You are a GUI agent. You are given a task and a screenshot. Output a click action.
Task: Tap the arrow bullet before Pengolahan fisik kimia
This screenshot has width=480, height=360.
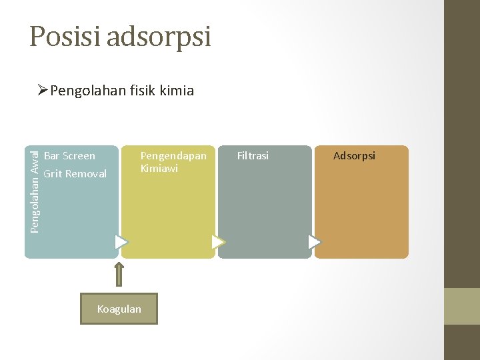[x=43, y=90]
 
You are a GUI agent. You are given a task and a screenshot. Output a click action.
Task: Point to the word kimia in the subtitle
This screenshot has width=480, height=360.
[x=177, y=91]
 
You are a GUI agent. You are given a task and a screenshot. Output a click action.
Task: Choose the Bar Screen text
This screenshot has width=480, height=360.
[x=69, y=156]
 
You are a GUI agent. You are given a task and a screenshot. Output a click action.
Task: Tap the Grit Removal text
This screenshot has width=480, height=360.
[x=75, y=174]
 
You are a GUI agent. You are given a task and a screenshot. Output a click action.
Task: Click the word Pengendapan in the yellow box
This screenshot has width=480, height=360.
[x=173, y=156]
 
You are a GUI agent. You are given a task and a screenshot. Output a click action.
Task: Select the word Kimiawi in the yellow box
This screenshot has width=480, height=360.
[x=159, y=169]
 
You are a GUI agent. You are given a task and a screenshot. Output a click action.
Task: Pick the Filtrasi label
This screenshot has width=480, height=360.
[x=253, y=156]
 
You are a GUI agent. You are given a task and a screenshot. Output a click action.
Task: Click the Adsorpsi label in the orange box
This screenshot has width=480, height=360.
[x=354, y=156]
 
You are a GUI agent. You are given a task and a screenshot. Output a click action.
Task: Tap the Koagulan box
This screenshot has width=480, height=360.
[x=119, y=309]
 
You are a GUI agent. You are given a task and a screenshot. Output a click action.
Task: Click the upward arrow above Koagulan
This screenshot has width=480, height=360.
[x=119, y=273]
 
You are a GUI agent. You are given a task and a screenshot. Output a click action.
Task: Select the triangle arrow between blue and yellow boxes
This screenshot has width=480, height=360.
[x=121, y=241]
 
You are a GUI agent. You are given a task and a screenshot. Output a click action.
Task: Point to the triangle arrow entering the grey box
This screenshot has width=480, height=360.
[x=218, y=241]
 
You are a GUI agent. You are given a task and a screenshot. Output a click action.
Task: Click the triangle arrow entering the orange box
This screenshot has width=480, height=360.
[x=315, y=241]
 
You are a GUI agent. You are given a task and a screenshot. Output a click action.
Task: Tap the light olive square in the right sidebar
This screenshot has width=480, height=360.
[x=462, y=306]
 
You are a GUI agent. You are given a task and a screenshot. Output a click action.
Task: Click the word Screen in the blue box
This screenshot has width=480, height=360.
[x=79, y=156]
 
